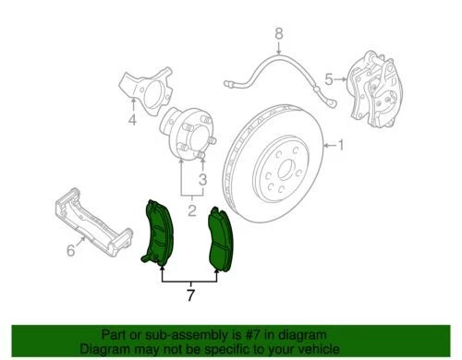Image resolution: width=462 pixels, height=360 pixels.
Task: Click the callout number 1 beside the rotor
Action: coord(339,144)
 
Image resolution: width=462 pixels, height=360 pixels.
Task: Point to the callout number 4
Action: coord(131,120)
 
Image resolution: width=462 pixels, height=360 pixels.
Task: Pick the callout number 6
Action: coord(69,251)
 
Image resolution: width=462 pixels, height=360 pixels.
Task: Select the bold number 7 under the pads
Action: coord(191,295)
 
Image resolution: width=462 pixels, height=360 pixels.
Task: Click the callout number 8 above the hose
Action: coord(276,36)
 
